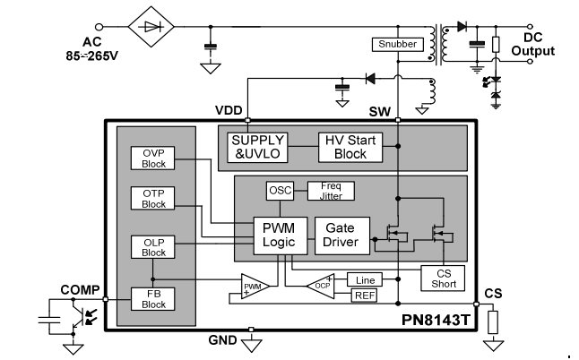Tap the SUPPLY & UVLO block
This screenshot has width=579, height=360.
click(x=258, y=146)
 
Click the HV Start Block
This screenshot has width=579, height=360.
click(x=349, y=146)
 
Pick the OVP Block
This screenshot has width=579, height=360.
click(x=153, y=158)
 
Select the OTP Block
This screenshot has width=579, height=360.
click(x=153, y=198)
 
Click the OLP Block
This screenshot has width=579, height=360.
click(x=153, y=246)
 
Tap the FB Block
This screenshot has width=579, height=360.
click(x=153, y=298)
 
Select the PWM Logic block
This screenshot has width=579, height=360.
click(x=280, y=236)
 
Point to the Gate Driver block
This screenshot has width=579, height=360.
click(x=341, y=236)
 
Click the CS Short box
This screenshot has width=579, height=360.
click(x=443, y=278)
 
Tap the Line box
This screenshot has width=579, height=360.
click(x=364, y=279)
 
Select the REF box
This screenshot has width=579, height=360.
click(x=364, y=296)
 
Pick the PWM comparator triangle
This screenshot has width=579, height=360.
click(x=255, y=287)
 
